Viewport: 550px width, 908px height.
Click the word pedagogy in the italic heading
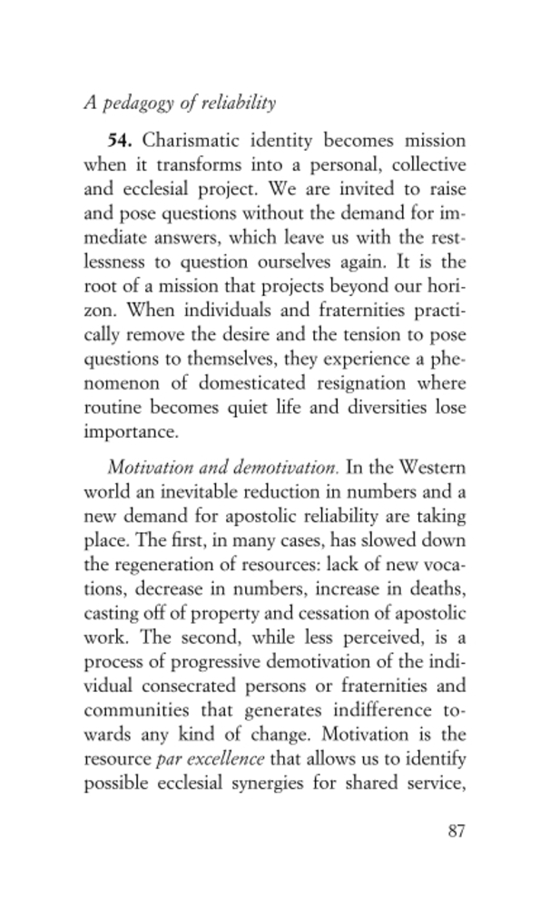pyautogui.click(x=135, y=104)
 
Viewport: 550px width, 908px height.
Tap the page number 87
pyautogui.click(x=456, y=831)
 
